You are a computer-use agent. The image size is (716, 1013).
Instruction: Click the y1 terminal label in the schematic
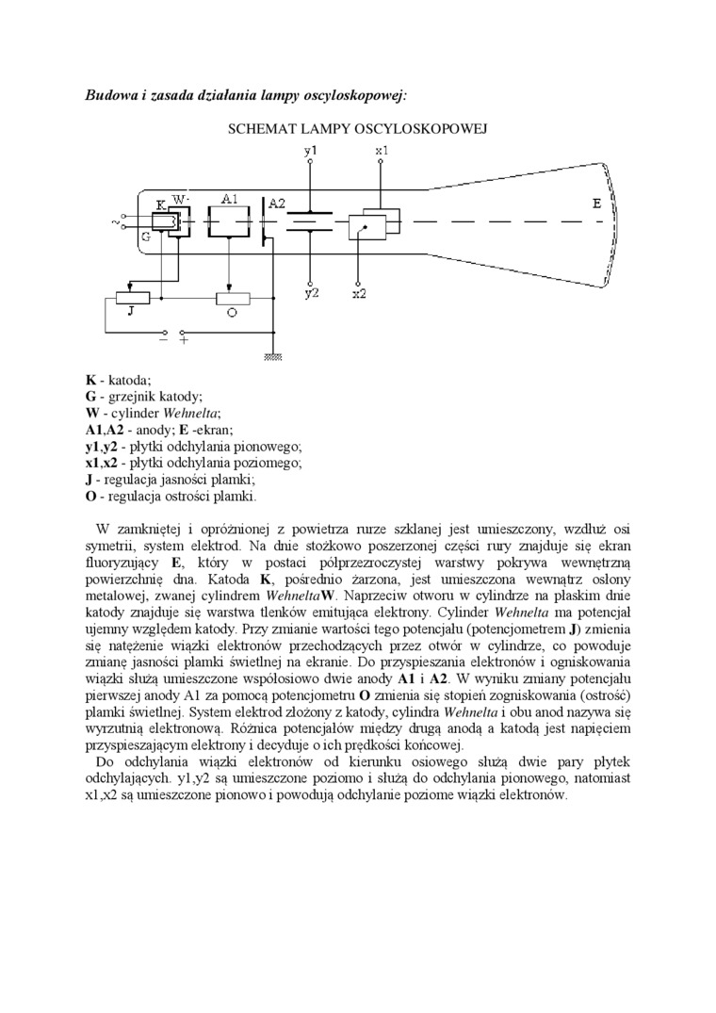click(x=311, y=150)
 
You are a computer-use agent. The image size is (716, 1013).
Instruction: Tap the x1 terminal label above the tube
click(x=381, y=150)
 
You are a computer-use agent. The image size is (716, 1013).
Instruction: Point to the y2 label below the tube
click(x=311, y=293)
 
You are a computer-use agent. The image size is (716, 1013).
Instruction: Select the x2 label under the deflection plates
click(x=359, y=293)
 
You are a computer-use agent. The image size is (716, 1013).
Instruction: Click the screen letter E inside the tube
click(x=596, y=204)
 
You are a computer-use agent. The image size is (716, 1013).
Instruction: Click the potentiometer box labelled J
click(x=132, y=298)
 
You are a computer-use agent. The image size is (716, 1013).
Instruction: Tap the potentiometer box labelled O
click(x=232, y=298)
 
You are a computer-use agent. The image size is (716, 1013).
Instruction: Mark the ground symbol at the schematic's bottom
click(x=273, y=356)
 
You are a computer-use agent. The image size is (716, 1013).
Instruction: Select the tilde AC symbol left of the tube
click(x=117, y=222)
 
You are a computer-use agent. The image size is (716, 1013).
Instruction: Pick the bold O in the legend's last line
click(x=91, y=497)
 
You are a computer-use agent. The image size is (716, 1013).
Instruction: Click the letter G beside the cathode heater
click(x=146, y=237)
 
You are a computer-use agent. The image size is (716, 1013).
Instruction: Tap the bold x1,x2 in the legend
click(x=102, y=463)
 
